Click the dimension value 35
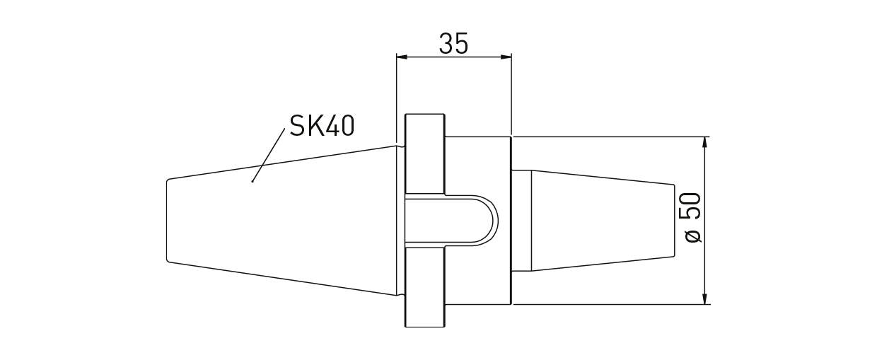click(453, 44)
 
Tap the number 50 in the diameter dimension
click(692, 206)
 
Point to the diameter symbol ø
click(693, 236)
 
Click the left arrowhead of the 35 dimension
click(401, 57)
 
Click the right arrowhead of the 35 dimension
click(506, 57)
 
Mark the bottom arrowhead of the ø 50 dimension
click(704, 299)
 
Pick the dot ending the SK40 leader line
click(252, 181)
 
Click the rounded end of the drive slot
click(492, 221)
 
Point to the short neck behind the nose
click(521, 221)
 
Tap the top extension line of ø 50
click(608, 136)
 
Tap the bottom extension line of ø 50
click(608, 305)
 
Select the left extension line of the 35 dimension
click(396, 99)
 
